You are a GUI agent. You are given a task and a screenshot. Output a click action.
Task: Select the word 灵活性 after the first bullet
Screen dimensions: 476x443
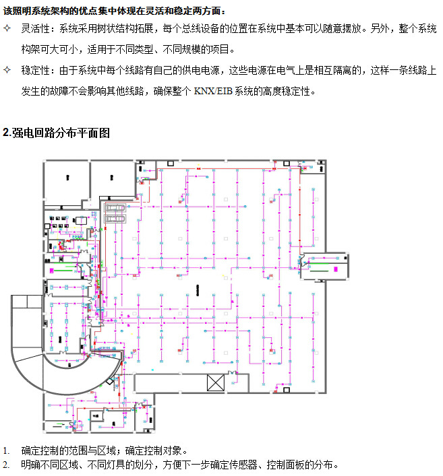(x=34, y=30)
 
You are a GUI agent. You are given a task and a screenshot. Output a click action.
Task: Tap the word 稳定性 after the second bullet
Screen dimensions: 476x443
(x=34, y=71)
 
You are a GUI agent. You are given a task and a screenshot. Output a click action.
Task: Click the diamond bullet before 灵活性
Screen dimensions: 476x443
(x=7, y=30)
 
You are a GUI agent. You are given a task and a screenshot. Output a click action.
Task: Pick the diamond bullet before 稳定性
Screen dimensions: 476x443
(x=7, y=71)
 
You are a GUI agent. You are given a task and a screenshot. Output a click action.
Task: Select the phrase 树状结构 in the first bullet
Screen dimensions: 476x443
(x=119, y=30)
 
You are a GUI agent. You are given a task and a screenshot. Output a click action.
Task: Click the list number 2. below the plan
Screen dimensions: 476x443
(x=7, y=465)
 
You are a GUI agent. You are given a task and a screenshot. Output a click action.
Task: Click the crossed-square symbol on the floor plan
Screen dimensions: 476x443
(x=215, y=383)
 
